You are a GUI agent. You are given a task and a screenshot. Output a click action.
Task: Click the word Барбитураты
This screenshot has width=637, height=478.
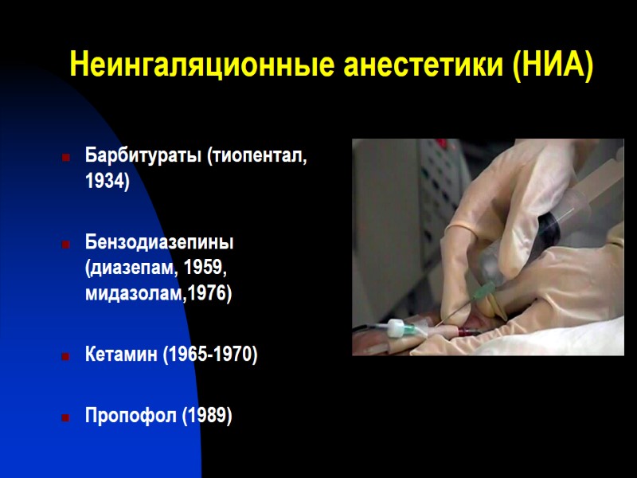click(144, 155)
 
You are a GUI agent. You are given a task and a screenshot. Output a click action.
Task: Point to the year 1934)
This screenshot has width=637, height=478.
click(107, 181)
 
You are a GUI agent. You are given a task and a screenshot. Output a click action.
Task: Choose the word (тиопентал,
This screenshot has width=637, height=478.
click(257, 155)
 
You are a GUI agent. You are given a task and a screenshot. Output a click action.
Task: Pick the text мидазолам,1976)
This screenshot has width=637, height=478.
click(158, 294)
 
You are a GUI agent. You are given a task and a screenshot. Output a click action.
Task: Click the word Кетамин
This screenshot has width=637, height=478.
click(121, 355)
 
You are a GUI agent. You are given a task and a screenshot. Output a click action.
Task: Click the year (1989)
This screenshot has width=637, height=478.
click(205, 415)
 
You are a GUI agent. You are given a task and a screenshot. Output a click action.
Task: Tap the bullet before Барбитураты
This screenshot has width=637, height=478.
click(65, 157)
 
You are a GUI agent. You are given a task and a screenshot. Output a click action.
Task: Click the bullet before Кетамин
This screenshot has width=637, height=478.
click(65, 356)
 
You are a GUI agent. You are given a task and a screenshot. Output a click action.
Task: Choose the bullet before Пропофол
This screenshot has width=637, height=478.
click(65, 417)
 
